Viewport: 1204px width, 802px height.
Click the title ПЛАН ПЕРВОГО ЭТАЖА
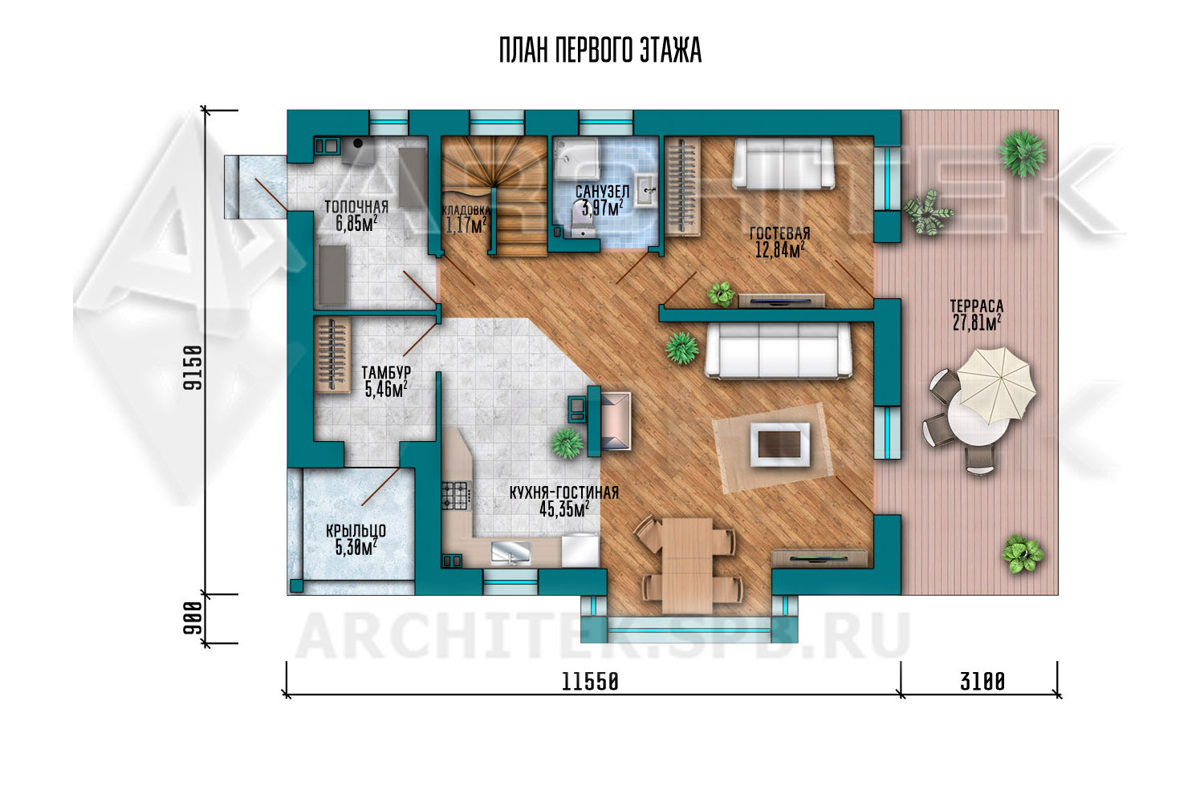click(600, 51)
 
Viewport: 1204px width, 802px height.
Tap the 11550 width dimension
click(590, 683)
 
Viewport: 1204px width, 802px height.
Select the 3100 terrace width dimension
click(982, 683)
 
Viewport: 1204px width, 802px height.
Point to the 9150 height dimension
click(193, 367)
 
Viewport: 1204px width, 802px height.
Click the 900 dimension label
click(193, 618)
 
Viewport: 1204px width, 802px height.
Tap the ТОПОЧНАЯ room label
click(356, 208)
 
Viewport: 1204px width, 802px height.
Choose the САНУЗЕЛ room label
click(602, 191)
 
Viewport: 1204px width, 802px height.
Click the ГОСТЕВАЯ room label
click(780, 233)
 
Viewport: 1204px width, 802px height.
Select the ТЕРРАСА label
click(976, 306)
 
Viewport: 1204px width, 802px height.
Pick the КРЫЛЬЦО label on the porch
click(356, 531)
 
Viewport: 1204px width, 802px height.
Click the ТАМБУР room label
click(386, 372)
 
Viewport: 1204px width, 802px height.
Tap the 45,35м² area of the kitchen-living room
click(563, 509)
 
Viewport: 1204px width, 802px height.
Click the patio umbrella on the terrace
click(996, 385)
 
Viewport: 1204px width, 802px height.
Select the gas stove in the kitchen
click(456, 496)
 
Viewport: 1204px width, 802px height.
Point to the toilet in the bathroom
click(580, 225)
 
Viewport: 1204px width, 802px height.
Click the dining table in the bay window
click(687, 565)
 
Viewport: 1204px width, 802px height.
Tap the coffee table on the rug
click(780, 444)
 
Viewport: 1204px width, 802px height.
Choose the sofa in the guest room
click(783, 164)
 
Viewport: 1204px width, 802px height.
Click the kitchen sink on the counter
click(510, 553)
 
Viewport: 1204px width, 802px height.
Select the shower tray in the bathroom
click(577, 159)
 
